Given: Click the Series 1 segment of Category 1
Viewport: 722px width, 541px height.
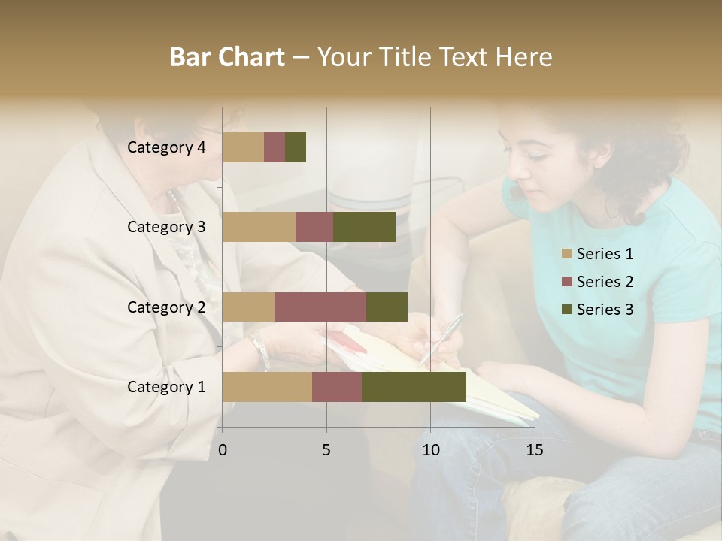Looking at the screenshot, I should pos(267,387).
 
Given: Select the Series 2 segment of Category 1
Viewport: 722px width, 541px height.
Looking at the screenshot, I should pos(337,387).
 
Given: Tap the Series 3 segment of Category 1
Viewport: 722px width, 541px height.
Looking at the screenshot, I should pos(414,387).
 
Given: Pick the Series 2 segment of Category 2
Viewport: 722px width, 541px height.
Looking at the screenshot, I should pos(320,307).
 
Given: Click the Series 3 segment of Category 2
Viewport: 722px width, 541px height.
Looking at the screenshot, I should pos(387,307).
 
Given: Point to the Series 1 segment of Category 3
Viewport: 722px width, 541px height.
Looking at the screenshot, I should pos(259,227).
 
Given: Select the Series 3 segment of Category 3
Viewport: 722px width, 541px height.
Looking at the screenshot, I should pos(364,227).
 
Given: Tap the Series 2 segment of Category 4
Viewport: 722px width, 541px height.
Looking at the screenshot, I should pos(275,147).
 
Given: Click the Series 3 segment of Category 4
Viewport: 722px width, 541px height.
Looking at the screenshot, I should pos(296,147).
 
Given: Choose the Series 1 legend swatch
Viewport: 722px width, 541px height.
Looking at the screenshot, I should pos(567,254).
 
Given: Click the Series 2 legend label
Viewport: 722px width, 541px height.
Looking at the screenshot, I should pos(605,282).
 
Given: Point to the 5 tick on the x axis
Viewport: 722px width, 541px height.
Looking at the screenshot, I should pos(326,450).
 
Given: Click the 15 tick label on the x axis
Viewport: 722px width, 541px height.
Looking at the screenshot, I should pos(535,450).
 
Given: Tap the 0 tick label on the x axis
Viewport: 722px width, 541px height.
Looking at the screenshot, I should pos(223,450).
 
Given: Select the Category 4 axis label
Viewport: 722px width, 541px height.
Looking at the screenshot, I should pos(166,147).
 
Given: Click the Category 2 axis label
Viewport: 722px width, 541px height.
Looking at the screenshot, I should pos(166,307).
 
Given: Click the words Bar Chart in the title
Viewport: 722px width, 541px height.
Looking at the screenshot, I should pos(227,57).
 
